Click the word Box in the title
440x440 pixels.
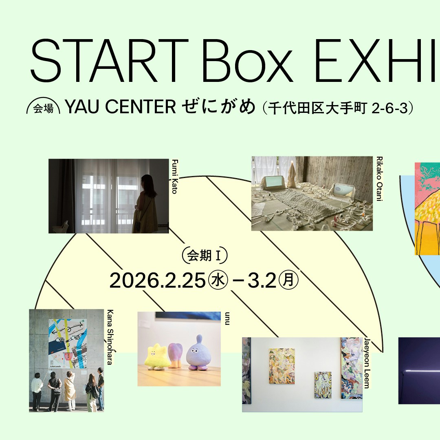247,61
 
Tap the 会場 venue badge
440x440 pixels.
43,108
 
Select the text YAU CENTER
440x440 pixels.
121,107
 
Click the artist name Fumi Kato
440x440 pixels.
174,176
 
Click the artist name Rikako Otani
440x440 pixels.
379,179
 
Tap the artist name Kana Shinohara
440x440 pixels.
110,337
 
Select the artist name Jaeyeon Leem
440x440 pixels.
367,363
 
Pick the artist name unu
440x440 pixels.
227,319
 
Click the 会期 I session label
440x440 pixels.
205,256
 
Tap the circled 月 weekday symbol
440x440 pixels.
289,281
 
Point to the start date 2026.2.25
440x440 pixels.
157,281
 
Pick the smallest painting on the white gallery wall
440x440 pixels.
323,385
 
